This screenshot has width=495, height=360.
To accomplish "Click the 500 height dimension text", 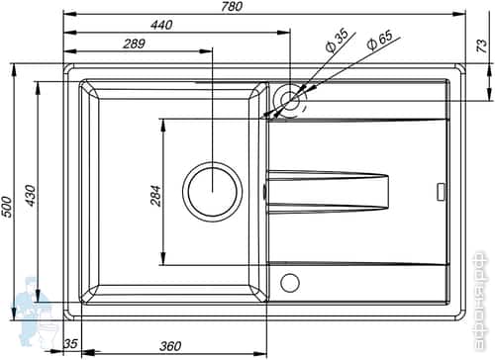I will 8,206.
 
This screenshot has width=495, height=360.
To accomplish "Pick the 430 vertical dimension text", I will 31,196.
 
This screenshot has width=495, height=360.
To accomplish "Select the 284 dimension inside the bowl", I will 155,195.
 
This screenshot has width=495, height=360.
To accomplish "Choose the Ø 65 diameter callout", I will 380,42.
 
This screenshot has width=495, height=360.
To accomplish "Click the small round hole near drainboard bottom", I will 289,283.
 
